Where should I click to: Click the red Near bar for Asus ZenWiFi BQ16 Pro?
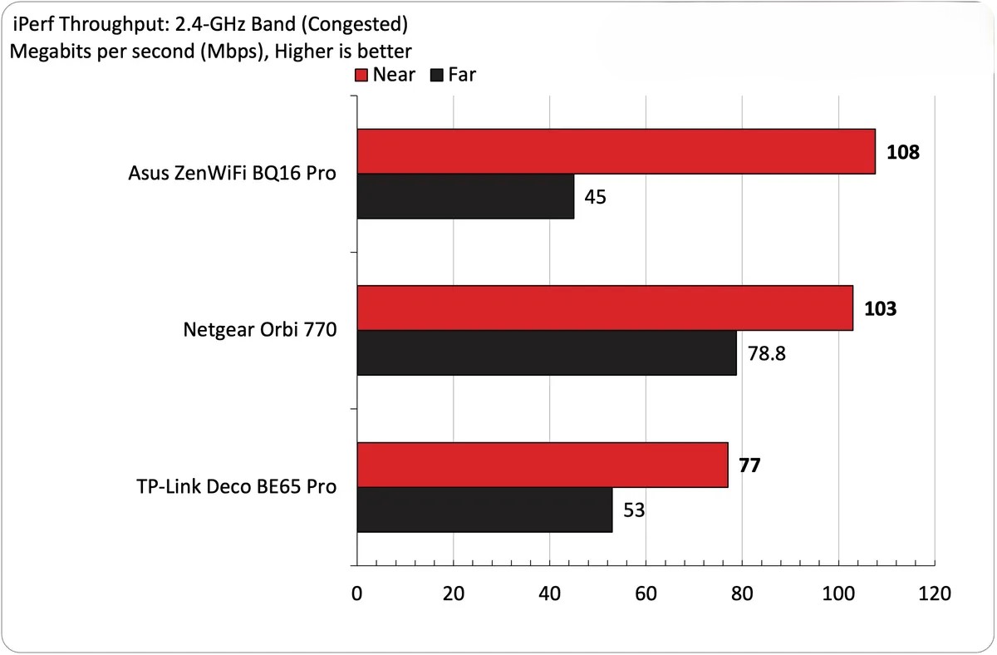click(616, 151)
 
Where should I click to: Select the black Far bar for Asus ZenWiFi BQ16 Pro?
click(465, 196)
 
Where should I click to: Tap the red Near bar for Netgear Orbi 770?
click(605, 308)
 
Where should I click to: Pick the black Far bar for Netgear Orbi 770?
click(547, 353)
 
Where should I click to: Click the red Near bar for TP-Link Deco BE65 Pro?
click(543, 465)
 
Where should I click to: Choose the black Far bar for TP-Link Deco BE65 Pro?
click(484, 510)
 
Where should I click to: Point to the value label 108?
click(904, 153)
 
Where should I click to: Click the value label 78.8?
click(764, 354)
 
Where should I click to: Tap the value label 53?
click(634, 510)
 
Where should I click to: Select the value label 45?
click(596, 197)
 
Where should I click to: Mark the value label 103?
click(881, 309)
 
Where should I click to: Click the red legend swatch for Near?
click(361, 76)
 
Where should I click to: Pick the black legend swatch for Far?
click(437, 76)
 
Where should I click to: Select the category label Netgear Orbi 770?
click(259, 331)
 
